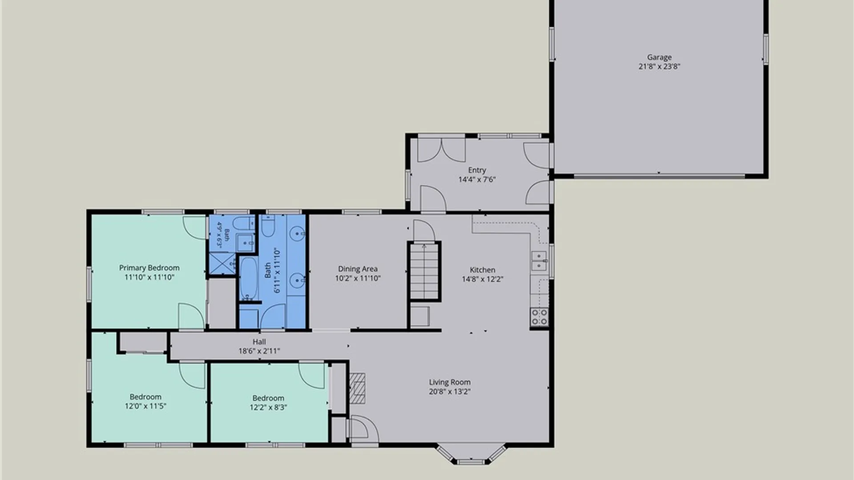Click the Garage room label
659,57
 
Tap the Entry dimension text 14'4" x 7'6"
477,180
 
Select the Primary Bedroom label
149,268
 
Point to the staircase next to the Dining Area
424,271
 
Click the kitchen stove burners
539,316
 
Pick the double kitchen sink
539,261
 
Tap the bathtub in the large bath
248,279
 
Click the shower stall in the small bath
222,263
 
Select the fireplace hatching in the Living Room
357,388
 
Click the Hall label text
259,342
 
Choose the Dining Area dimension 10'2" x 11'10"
358,279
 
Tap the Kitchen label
482,270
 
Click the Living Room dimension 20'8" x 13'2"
450,392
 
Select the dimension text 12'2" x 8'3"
268,407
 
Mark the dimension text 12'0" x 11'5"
145,406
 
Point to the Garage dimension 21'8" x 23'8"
659,67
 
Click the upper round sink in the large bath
298,233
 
